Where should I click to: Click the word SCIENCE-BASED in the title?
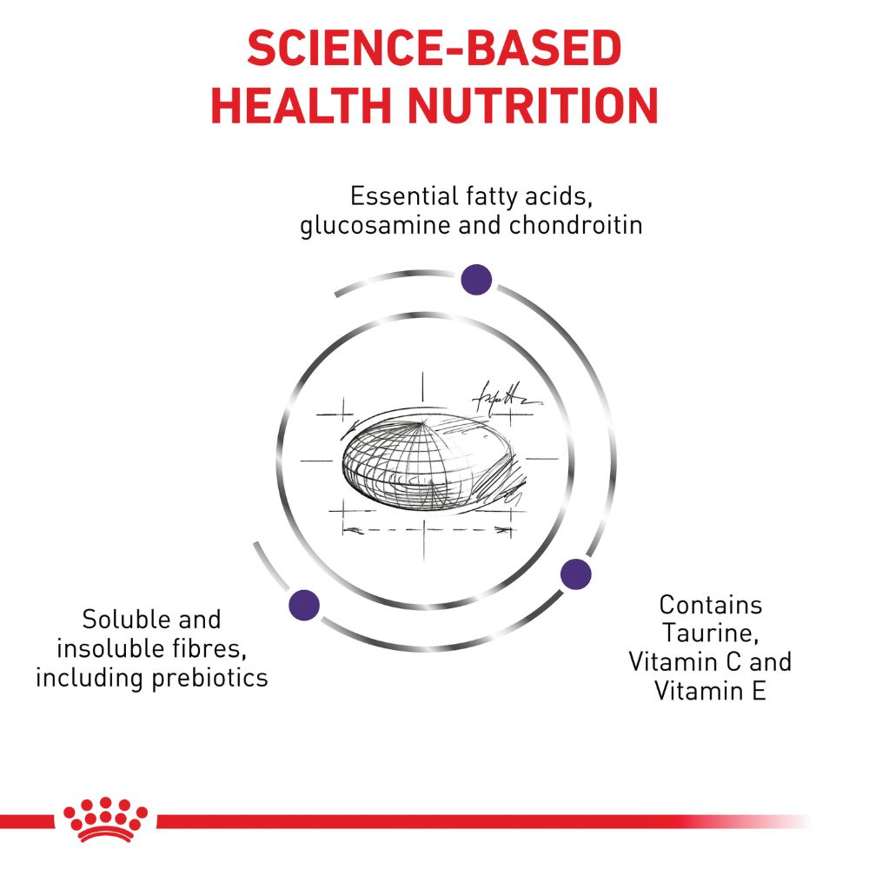click(x=434, y=48)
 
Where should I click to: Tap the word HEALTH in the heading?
click(x=302, y=105)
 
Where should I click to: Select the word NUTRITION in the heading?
click(x=534, y=105)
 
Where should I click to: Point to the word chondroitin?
click(x=576, y=225)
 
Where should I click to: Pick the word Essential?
click(x=404, y=196)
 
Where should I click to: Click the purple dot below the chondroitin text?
click(x=476, y=279)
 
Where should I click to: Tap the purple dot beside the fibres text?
click(x=304, y=605)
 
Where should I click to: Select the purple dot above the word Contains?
click(x=576, y=574)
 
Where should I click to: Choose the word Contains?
click(x=711, y=605)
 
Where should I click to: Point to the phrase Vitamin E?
click(x=711, y=691)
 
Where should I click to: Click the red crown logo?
click(x=105, y=819)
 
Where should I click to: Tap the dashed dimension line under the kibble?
click(x=426, y=530)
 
